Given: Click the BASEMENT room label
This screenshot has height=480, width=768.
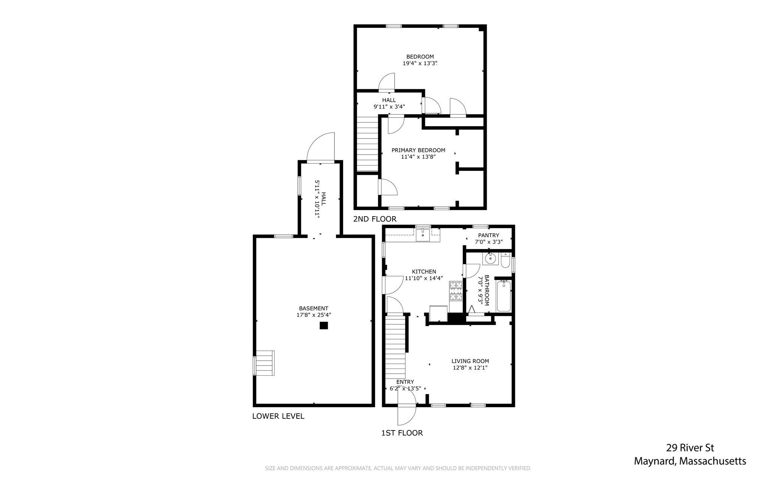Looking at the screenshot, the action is [x=313, y=308].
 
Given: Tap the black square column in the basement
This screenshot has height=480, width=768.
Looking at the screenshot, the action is [x=324, y=326].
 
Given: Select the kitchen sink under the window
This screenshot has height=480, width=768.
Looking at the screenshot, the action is [x=423, y=235].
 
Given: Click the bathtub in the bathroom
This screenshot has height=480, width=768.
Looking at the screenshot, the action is [x=504, y=296].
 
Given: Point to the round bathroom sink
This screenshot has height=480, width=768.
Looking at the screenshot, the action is [x=490, y=259].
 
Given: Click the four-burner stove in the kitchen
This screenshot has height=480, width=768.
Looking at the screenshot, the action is [x=456, y=291].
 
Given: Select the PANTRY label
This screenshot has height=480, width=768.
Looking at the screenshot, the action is [x=489, y=235].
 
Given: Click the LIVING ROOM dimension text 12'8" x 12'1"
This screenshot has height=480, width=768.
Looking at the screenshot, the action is [x=470, y=368].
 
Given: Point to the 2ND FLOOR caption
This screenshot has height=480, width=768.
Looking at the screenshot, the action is [x=375, y=219].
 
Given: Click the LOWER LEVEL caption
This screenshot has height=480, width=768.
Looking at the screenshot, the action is [x=278, y=416].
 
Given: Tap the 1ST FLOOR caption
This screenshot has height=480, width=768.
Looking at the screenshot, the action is [x=402, y=433].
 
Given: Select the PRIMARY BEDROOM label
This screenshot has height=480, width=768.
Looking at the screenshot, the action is [x=418, y=150].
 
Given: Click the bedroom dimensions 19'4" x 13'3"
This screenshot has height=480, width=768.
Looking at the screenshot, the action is [x=420, y=63].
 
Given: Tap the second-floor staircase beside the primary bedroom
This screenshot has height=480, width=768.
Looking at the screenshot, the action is [x=367, y=144].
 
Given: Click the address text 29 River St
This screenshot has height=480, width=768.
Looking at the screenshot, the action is [x=690, y=448].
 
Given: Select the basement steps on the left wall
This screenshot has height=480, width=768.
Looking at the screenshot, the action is [x=264, y=363].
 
